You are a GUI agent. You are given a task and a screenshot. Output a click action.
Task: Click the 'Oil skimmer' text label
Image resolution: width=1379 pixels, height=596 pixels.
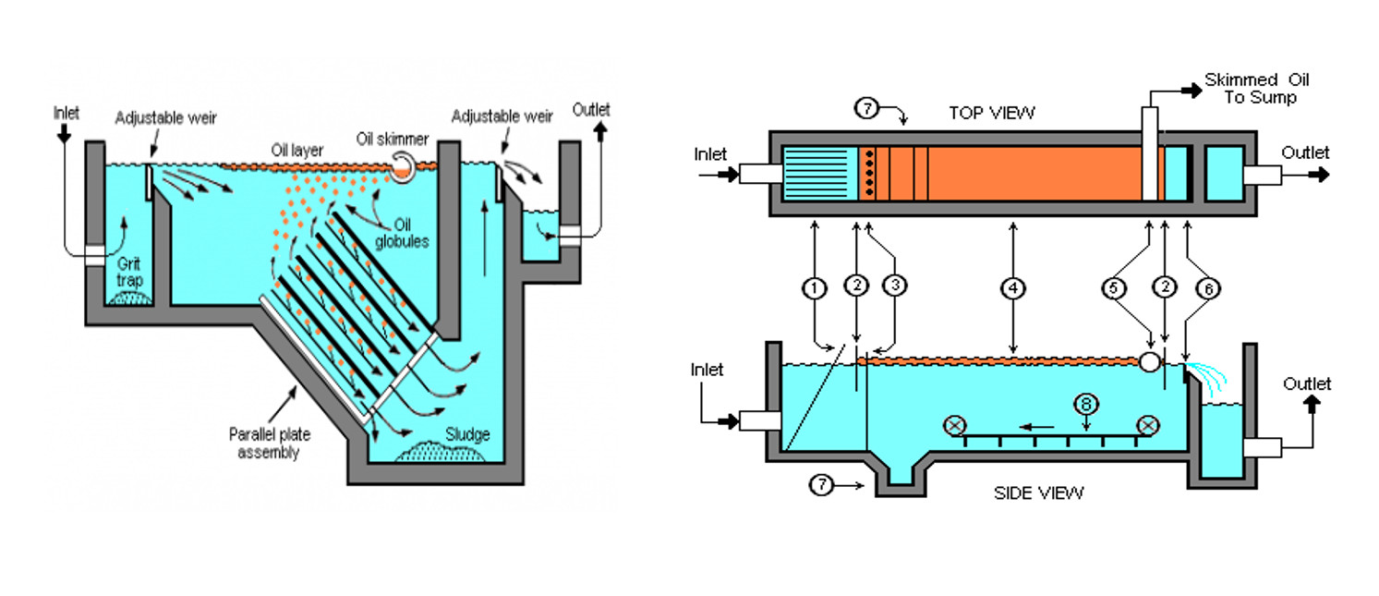pos(393,140)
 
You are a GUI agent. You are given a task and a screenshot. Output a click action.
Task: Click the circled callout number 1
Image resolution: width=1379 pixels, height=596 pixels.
pos(814,289)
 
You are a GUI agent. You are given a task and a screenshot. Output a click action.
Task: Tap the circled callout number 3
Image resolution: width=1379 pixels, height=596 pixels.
pos(894,287)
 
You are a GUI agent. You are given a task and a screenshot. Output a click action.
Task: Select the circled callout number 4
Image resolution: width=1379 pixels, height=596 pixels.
pos(1013,289)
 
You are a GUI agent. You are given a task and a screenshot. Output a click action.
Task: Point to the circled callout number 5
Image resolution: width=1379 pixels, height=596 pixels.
pos(1116,289)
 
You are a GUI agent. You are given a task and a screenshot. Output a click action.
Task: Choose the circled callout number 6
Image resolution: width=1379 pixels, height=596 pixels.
pos(1205,289)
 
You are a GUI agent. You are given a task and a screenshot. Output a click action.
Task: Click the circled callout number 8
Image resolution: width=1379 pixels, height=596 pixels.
pos(1086,403)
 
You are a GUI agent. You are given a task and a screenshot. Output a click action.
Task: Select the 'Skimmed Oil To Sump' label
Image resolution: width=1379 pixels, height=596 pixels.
pos(1256,89)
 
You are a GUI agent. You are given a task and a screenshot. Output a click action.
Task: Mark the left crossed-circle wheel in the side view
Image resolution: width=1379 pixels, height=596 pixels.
pos(954,426)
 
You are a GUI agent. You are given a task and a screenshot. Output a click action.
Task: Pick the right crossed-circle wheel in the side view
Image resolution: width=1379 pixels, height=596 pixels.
pos(1148,425)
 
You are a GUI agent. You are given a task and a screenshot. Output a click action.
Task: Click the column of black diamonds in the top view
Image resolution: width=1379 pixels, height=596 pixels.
pos(868,173)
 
